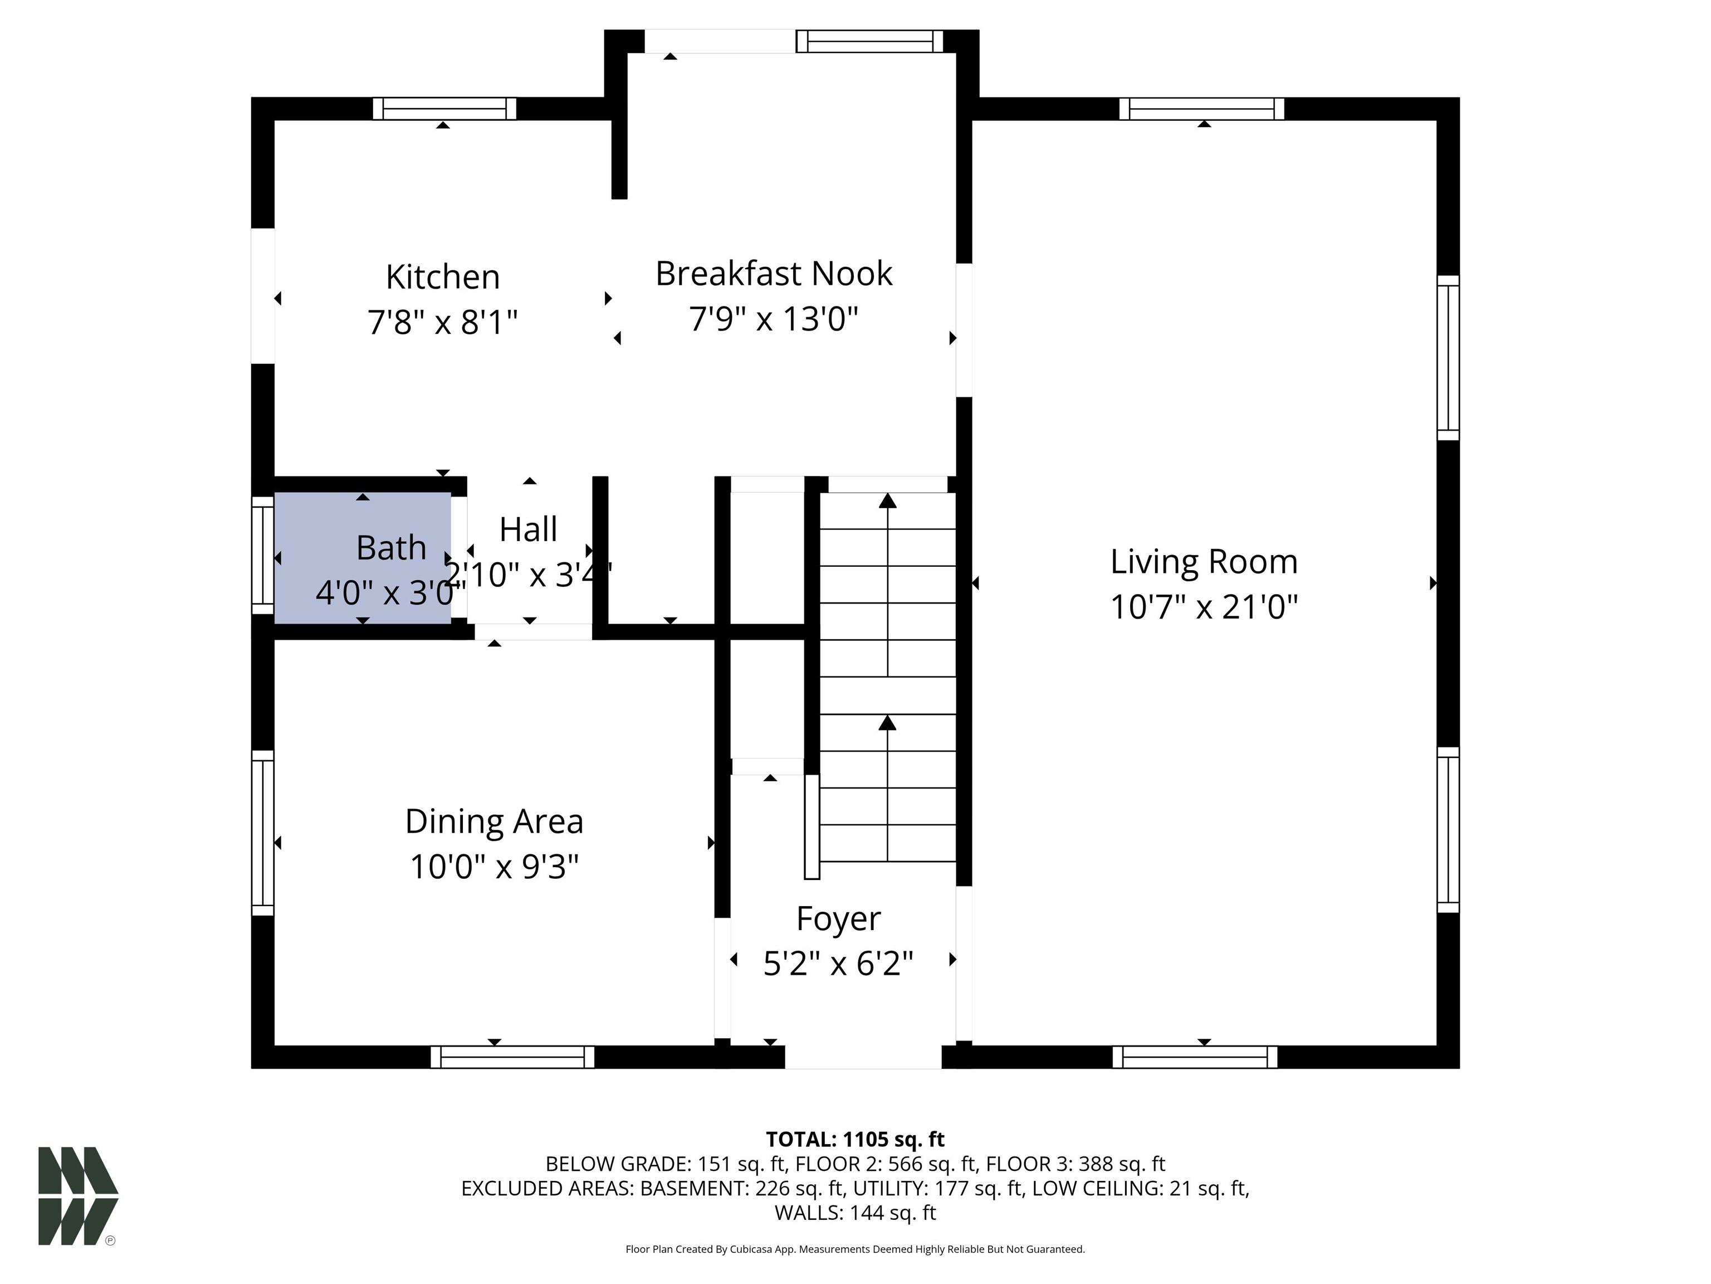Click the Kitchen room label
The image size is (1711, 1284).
[x=442, y=277]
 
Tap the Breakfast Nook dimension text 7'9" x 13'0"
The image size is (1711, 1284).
[x=774, y=318]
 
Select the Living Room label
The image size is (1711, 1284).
[x=1204, y=562]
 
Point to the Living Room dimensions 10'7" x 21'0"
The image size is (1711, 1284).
[x=1204, y=607]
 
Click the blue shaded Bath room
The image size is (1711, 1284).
[x=363, y=557]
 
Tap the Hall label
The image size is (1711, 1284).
[x=529, y=529]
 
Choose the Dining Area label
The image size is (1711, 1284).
[x=494, y=821]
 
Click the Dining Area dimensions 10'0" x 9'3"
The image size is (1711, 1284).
[x=494, y=867]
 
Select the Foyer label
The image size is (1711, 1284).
[x=838, y=920]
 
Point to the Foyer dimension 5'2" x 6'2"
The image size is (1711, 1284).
[x=838, y=964]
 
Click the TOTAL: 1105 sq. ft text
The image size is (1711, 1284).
[x=855, y=1139]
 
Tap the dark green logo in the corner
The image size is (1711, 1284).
[x=78, y=1196]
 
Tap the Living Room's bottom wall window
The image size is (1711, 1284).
[x=1195, y=1057]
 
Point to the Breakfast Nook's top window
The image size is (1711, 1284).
[x=870, y=41]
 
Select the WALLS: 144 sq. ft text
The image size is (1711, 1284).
[x=855, y=1213]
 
